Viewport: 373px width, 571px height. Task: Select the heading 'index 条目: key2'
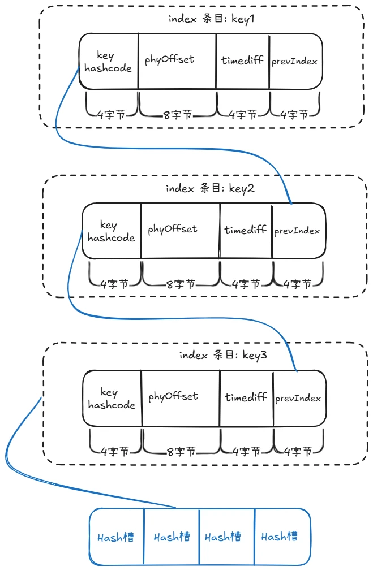pyautogui.click(x=210, y=188)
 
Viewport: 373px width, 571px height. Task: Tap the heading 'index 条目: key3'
pyautogui.click(x=223, y=356)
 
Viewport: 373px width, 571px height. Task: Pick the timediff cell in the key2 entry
pyautogui.click(x=246, y=230)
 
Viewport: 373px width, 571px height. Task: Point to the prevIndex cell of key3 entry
pyautogui.click(x=298, y=398)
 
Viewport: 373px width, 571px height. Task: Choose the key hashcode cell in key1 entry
pyautogui.click(x=108, y=62)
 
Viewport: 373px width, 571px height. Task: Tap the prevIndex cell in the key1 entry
pyautogui.click(x=295, y=60)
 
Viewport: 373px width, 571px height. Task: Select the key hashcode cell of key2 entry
pyautogui.click(x=112, y=232)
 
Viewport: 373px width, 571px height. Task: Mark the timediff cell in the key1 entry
pyautogui.click(x=242, y=60)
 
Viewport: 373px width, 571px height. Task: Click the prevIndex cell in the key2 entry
pyautogui.click(x=298, y=231)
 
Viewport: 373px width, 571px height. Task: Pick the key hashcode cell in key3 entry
pyautogui.click(x=112, y=399)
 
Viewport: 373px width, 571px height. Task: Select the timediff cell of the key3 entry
pyautogui.click(x=246, y=397)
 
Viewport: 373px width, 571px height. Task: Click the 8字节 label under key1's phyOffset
pyautogui.click(x=177, y=115)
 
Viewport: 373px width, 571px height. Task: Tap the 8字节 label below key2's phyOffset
pyautogui.click(x=180, y=284)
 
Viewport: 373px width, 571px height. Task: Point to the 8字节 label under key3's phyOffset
pyautogui.click(x=181, y=452)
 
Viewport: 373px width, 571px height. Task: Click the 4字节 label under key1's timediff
pyautogui.click(x=243, y=115)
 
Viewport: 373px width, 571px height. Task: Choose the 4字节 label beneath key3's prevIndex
pyautogui.click(x=298, y=452)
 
